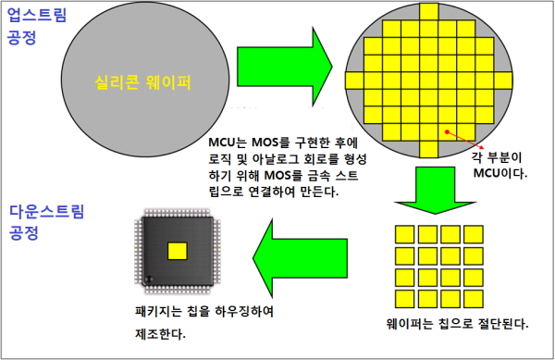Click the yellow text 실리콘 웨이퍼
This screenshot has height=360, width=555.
point(142,82)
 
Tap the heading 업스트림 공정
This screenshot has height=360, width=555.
point(36,26)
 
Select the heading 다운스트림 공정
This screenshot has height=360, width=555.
point(46,222)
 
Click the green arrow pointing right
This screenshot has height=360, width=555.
point(285,67)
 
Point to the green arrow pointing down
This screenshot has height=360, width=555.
point(435,190)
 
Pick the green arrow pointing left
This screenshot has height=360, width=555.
point(300,258)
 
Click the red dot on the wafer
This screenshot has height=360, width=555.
point(447,132)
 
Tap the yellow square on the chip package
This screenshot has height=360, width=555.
point(178,251)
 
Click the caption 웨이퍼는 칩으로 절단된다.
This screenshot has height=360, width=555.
point(457,324)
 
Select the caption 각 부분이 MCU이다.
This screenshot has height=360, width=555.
point(498,165)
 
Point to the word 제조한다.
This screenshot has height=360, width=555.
point(160,333)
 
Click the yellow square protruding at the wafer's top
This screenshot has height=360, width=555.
point(429,12)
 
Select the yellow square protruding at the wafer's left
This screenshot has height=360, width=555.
point(354,81)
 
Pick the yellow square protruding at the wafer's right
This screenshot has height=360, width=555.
point(503,81)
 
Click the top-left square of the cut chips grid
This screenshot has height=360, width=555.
point(404,234)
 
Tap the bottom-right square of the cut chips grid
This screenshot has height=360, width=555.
point(474,299)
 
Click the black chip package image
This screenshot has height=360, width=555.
point(178,251)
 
